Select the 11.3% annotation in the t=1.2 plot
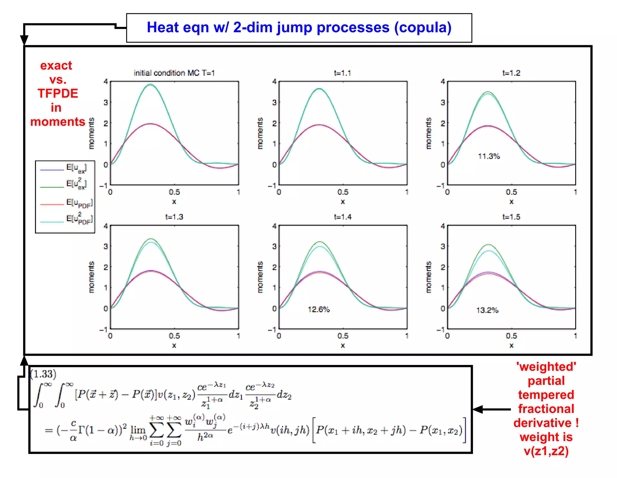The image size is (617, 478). click(x=489, y=156)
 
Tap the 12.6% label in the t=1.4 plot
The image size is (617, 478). click(x=318, y=309)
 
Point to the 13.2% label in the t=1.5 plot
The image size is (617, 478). click(x=487, y=310)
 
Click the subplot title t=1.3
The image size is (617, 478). click(x=174, y=217)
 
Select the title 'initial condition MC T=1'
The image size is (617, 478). click(x=174, y=73)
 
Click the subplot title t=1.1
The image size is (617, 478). click(x=343, y=73)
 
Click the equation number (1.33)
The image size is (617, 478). click(x=43, y=374)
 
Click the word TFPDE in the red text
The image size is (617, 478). click(x=58, y=93)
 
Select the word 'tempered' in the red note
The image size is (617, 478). click(x=546, y=395)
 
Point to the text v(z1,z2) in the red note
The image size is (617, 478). click(x=546, y=451)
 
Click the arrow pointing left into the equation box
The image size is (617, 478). click(x=491, y=409)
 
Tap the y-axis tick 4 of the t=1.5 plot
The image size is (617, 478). click(x=443, y=226)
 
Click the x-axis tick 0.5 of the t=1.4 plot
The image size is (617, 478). click(x=343, y=336)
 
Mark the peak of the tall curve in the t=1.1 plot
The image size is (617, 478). click(x=319, y=89)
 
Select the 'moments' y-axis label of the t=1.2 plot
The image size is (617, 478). click(x=428, y=133)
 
